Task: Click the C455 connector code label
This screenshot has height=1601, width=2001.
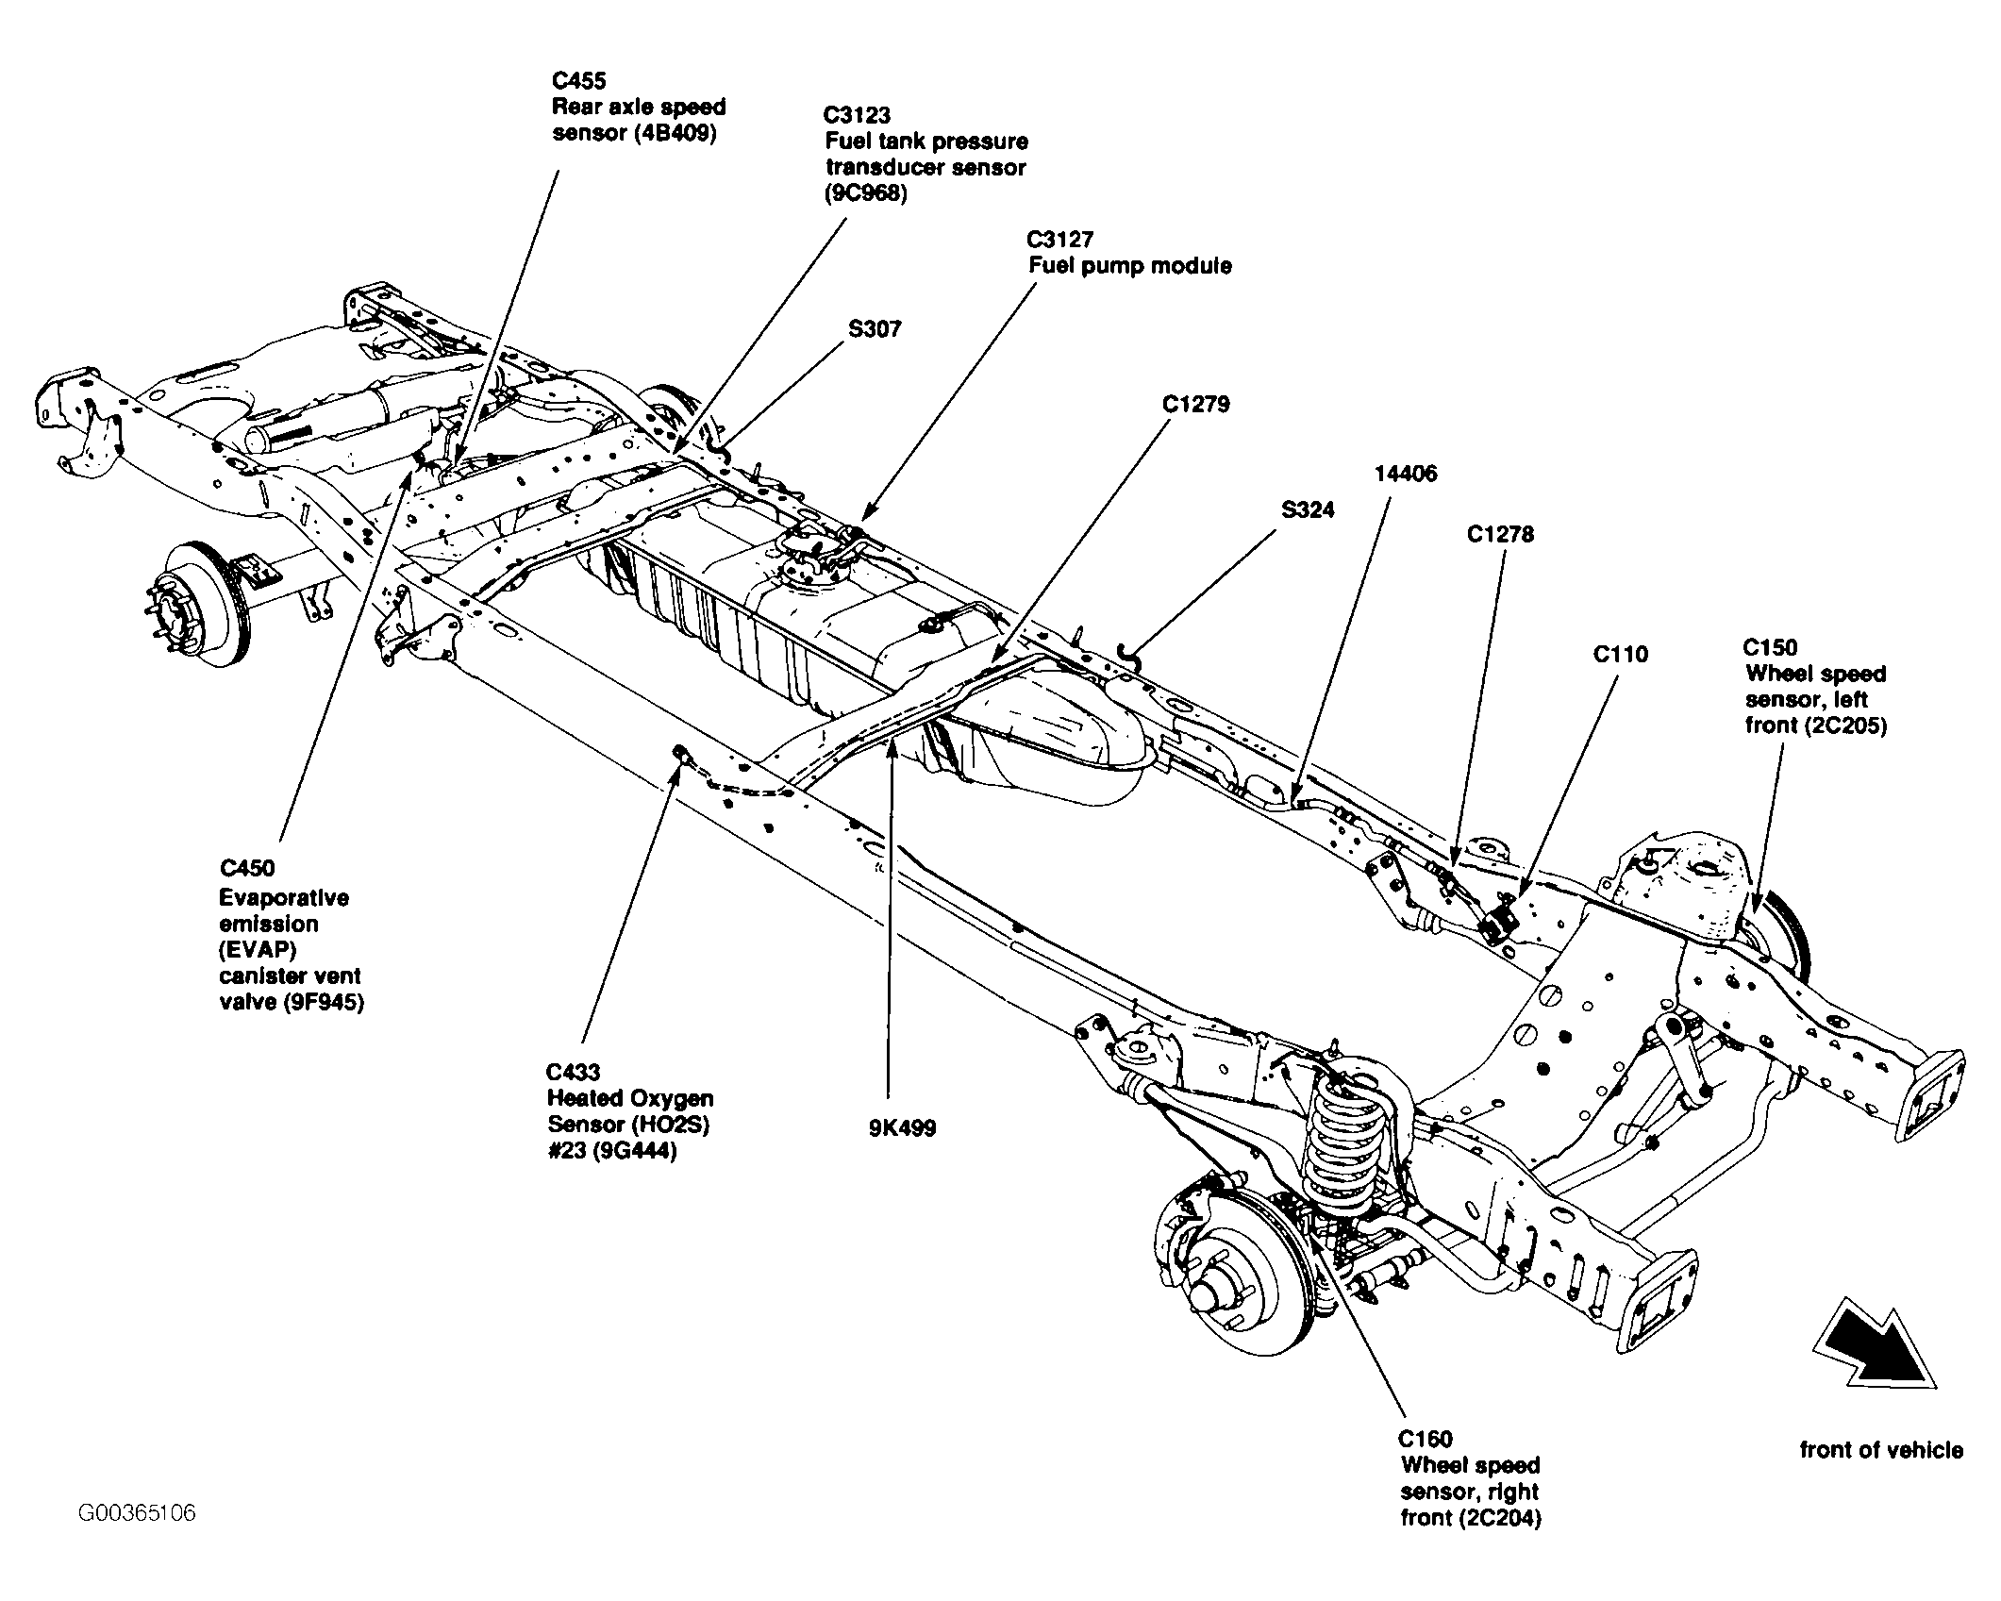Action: pos(579,81)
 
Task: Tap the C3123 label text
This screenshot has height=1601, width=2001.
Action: pos(857,115)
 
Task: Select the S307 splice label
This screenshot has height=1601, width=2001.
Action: pos(875,329)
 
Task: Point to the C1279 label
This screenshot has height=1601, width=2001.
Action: pos(1196,405)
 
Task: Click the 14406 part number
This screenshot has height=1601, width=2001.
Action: pos(1406,474)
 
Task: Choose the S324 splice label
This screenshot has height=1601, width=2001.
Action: pos(1309,510)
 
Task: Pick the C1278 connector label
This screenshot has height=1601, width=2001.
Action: pos(1500,535)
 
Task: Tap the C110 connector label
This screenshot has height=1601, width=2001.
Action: pos(1621,655)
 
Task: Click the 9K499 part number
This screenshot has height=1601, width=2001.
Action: pos(903,1128)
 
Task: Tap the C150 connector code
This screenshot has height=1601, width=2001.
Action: pos(1770,648)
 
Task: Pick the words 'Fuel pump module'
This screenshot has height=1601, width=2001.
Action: pos(1130,266)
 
